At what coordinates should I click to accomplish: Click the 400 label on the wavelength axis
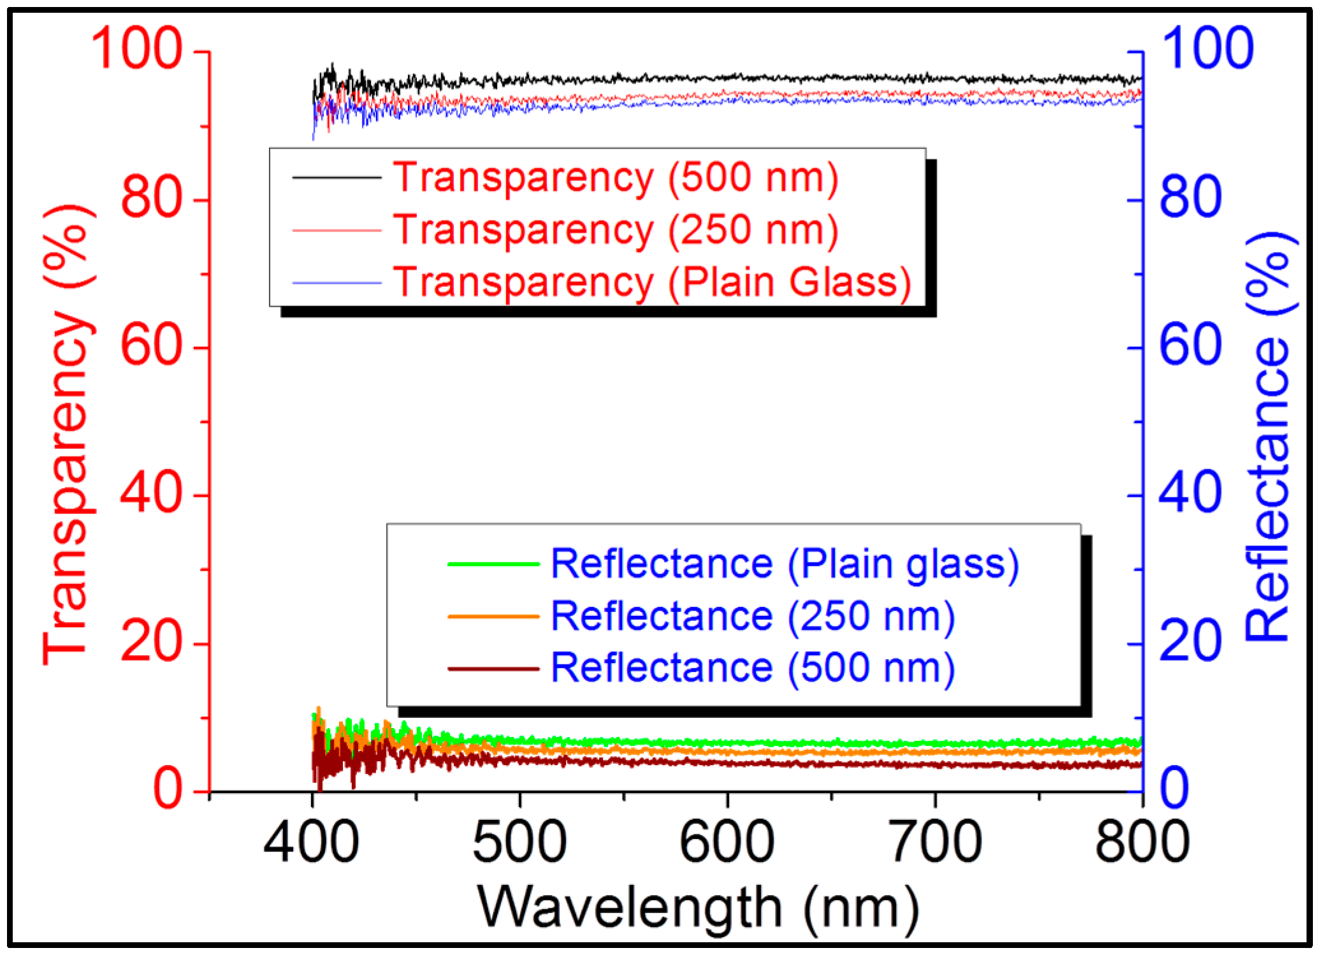pos(312,842)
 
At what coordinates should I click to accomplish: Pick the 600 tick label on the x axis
pos(727,842)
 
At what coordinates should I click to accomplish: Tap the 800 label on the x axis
pos(1141,842)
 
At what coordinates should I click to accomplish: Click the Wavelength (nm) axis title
pos(698,908)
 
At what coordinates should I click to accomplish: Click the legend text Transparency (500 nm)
pos(615,177)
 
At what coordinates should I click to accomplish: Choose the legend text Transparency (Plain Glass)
pos(651,282)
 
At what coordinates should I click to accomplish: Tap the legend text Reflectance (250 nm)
pos(752,616)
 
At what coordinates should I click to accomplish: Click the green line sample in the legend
pos(493,564)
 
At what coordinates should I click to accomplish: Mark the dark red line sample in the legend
pos(493,669)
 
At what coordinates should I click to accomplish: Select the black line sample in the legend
pos(337,177)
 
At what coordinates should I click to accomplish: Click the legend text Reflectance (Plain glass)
pos(784,564)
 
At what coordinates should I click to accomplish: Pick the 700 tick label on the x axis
pos(935,842)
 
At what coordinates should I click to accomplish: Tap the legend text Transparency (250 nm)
pos(615,230)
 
